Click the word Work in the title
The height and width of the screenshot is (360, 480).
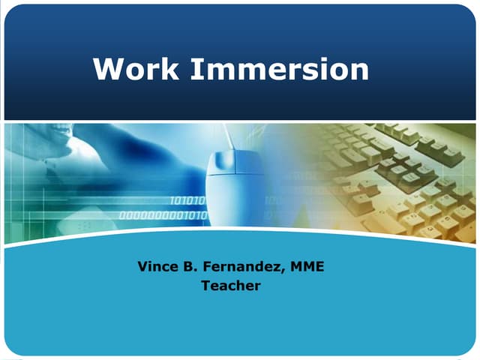136,70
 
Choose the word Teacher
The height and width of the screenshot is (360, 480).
231,286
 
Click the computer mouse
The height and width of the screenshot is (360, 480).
235,169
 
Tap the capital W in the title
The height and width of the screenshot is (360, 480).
107,70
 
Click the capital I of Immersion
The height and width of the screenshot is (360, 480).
192,70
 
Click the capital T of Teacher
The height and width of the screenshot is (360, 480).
205,286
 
